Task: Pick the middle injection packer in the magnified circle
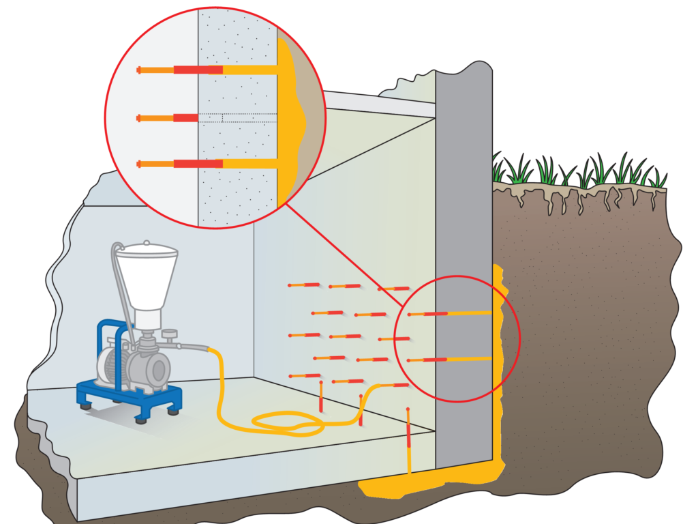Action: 167,118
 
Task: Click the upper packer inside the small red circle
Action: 443,314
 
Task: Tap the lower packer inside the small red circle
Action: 443,360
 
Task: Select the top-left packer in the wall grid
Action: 304,285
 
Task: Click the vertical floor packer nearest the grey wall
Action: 408,437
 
